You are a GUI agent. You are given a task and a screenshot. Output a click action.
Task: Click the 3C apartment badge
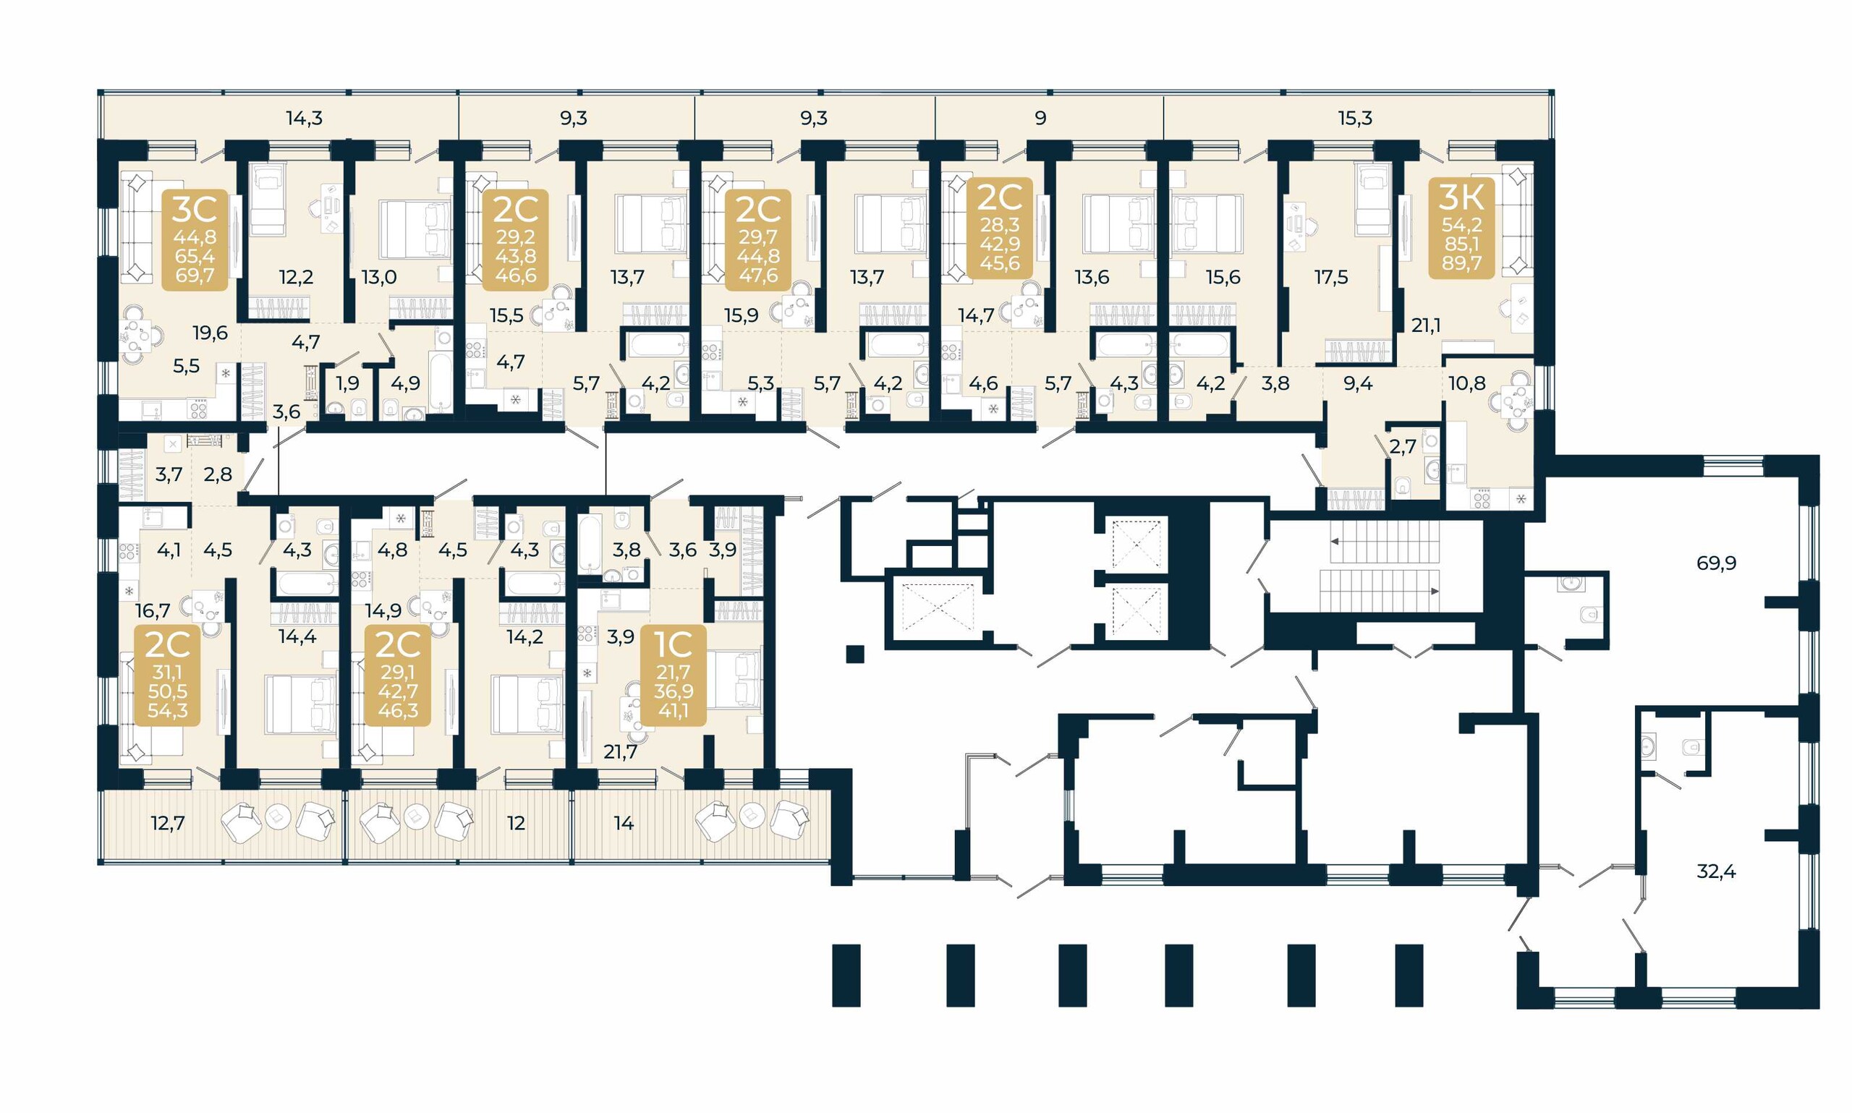(195, 239)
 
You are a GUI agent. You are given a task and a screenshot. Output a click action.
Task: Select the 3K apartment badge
(1461, 228)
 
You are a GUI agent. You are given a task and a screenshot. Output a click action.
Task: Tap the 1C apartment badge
(673, 675)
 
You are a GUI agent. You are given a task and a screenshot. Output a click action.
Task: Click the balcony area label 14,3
(305, 118)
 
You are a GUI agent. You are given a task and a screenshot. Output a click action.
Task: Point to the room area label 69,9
(1716, 563)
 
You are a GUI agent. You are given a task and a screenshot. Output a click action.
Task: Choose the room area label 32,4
(1716, 871)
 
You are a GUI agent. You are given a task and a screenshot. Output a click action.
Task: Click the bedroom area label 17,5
(1331, 277)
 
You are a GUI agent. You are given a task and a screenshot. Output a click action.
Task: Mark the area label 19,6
(210, 332)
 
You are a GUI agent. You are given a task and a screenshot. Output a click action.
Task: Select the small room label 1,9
(347, 383)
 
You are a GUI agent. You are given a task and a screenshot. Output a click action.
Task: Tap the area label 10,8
(1466, 383)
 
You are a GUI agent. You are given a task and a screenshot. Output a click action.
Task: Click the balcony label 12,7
(167, 823)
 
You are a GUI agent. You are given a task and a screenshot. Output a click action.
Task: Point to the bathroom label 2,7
(1403, 447)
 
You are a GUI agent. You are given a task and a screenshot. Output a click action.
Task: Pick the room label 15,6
(1223, 277)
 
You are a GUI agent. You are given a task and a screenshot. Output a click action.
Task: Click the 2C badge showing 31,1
(167, 675)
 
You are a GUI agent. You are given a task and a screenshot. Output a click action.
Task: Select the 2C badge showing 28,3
(1000, 228)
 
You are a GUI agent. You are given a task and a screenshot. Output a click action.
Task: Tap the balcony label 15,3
(1356, 118)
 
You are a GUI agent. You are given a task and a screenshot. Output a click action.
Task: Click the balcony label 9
(1040, 118)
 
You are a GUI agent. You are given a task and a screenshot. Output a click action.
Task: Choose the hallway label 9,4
(1358, 383)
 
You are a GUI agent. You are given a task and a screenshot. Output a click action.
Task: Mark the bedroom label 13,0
(379, 277)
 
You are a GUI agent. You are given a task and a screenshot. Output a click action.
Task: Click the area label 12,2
(297, 277)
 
